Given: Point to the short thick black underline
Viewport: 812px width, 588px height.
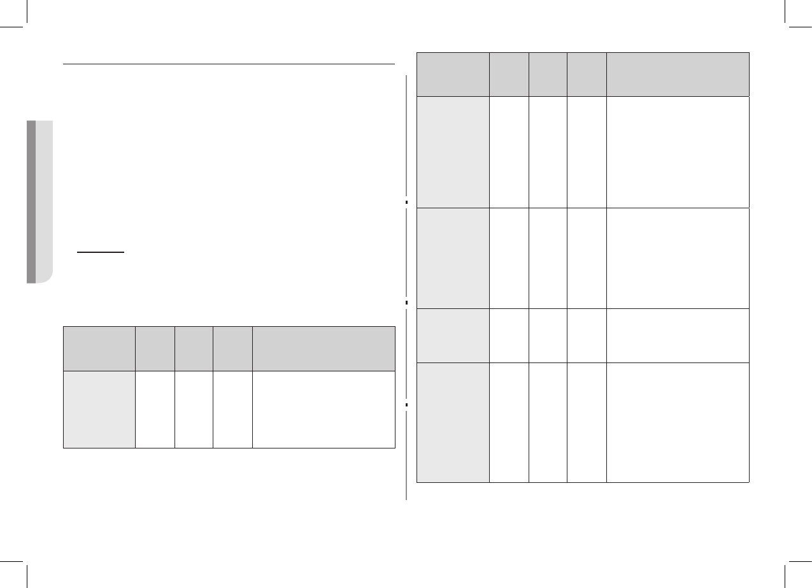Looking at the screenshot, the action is [x=101, y=252].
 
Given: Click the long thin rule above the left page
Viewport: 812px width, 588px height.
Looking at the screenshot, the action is [x=229, y=64].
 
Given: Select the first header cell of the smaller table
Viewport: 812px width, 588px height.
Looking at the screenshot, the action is [x=99, y=348].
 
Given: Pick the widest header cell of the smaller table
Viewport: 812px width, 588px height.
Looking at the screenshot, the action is [x=324, y=348].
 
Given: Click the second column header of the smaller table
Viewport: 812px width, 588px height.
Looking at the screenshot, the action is [x=155, y=348].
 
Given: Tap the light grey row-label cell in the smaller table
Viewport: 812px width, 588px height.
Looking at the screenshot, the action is [x=99, y=409].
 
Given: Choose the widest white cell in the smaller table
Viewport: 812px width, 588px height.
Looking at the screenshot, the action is [x=324, y=409].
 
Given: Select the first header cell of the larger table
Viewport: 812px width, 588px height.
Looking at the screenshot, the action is [x=453, y=75].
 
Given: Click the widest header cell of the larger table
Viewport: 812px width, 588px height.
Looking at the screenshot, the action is [x=678, y=75].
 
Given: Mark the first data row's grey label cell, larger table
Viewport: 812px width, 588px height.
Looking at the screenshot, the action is [x=453, y=152].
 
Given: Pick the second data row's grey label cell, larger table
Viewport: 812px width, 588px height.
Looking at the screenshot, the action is [x=453, y=258].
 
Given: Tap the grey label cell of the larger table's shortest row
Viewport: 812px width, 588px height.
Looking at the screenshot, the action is [x=453, y=336].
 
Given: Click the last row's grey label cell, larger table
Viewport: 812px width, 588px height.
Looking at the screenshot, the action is [x=453, y=422].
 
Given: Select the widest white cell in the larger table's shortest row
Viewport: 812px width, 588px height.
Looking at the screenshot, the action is [x=678, y=336].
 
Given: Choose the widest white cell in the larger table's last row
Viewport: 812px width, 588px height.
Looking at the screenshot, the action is [x=678, y=422].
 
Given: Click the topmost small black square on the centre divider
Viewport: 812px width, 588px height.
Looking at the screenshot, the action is [x=406, y=202].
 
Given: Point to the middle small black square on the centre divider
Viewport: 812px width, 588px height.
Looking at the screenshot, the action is [x=406, y=302].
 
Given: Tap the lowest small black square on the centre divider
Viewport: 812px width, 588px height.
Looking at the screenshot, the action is [x=406, y=405].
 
